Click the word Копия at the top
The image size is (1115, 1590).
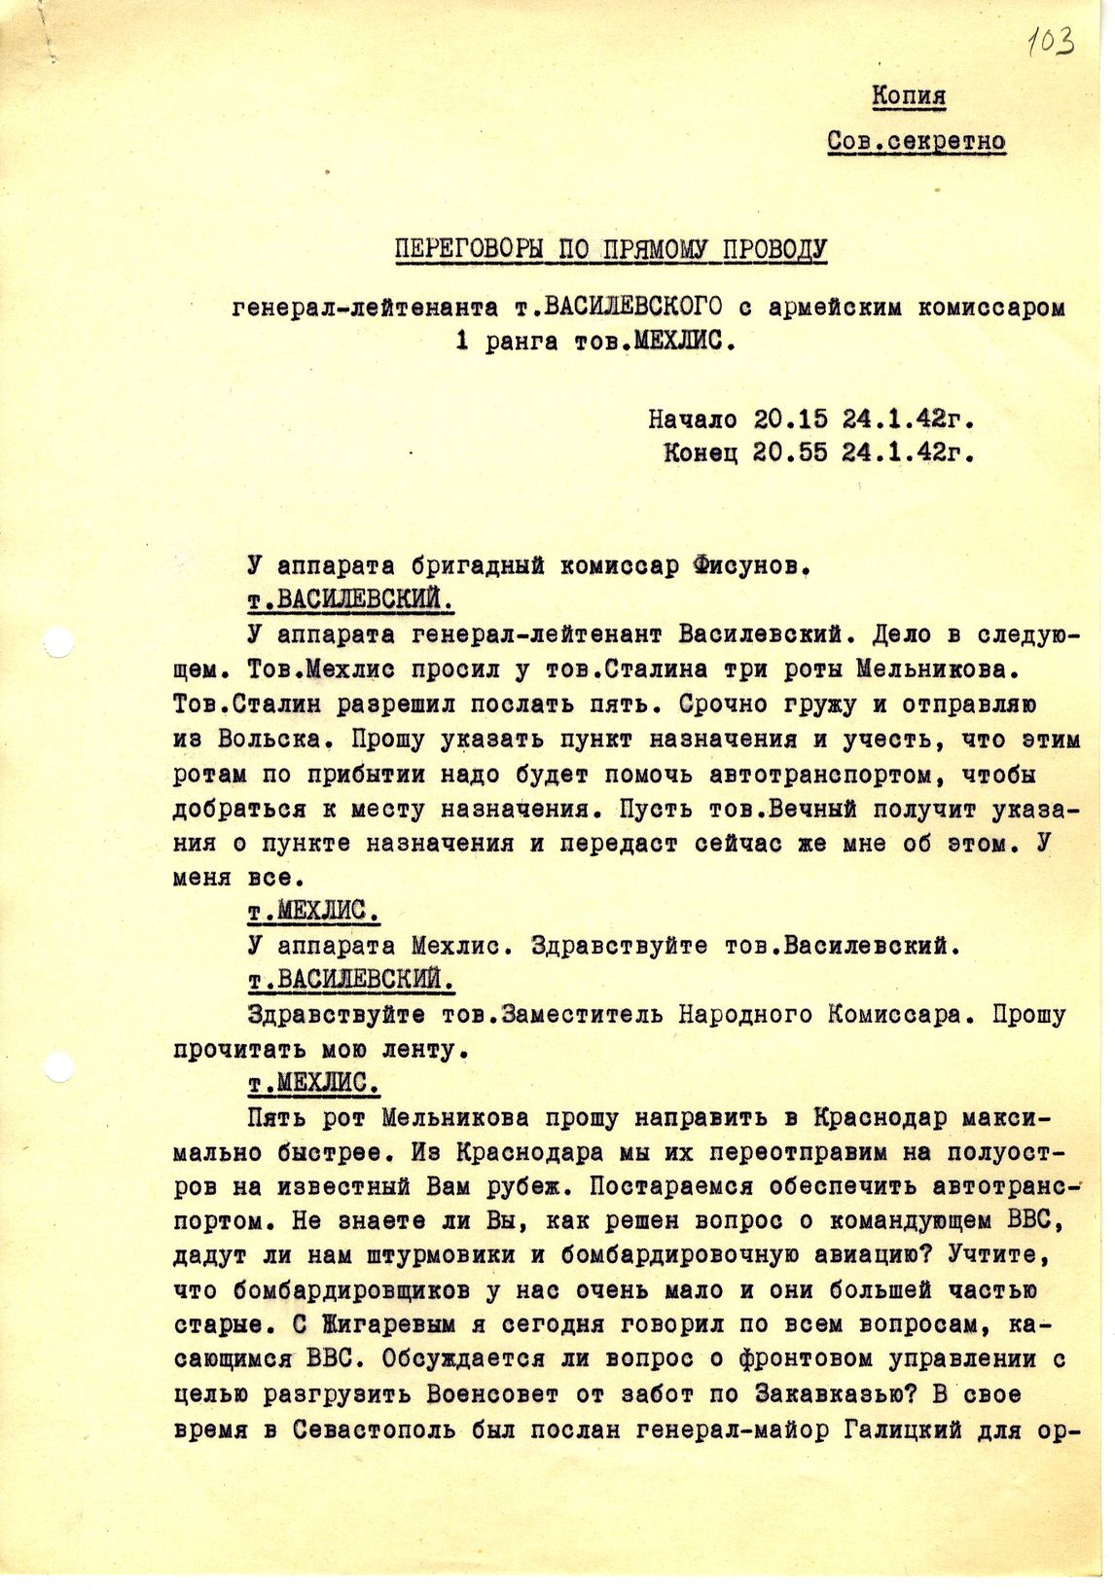coord(908,96)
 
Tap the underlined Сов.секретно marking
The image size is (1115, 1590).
coord(916,141)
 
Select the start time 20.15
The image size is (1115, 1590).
coord(791,419)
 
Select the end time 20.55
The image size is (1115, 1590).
coord(791,452)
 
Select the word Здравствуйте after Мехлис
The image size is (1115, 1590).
coord(619,945)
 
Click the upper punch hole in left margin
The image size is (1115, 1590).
coord(60,643)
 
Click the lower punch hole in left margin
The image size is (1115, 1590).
coord(60,1067)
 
